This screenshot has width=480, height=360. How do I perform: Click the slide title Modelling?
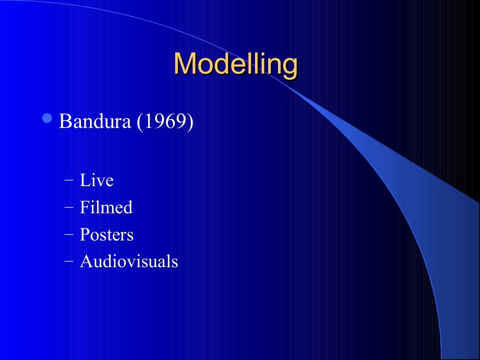click(x=235, y=64)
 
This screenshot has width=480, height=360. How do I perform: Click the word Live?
click(x=97, y=180)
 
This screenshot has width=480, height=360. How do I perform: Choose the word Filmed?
click(x=106, y=207)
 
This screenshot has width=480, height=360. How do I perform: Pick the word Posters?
click(x=106, y=234)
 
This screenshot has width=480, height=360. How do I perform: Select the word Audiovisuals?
click(x=129, y=262)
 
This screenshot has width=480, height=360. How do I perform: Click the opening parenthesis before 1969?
click(x=139, y=122)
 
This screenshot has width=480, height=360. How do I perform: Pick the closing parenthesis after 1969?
click(x=190, y=122)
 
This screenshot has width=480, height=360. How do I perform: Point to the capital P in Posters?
click(x=84, y=234)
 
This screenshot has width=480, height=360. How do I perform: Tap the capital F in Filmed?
click(x=84, y=207)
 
